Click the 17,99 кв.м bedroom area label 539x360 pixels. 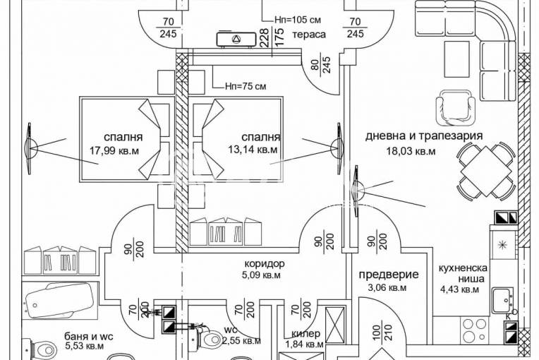tap(114, 150)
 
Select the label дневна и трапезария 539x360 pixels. tap(423, 137)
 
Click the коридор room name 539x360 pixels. tap(255, 265)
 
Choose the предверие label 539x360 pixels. tap(389, 275)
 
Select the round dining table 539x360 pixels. tap(483, 172)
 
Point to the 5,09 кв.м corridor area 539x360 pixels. tap(255, 276)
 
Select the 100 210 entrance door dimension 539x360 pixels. tap(379, 337)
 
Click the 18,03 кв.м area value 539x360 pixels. tap(411, 150)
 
